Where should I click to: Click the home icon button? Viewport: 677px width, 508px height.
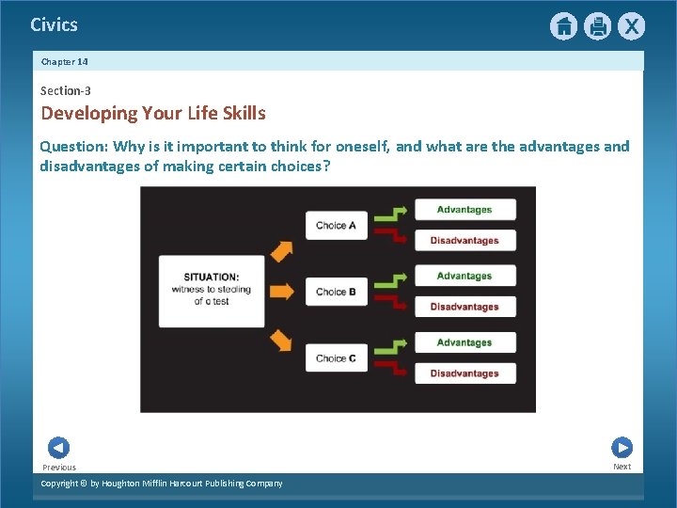[x=563, y=26]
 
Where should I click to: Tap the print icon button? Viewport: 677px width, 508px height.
[x=597, y=26]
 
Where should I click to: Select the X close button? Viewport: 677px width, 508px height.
[x=631, y=26]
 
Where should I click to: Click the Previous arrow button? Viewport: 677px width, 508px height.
[x=58, y=448]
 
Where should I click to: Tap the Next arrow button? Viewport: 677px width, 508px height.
[x=622, y=448]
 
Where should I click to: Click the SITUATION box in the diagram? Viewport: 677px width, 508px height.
[x=212, y=291]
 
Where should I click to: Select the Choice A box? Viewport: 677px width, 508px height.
[x=336, y=226]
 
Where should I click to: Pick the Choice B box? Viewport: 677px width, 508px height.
[x=336, y=292]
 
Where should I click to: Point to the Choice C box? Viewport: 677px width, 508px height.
[x=336, y=357]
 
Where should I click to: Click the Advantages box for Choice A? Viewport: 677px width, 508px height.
[x=464, y=210]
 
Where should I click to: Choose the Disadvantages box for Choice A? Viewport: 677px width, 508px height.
[x=464, y=241]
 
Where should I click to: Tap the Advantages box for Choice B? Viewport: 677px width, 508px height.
[x=464, y=277]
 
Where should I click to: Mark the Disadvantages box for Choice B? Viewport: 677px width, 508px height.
[x=464, y=307]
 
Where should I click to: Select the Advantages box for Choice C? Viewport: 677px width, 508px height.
[x=464, y=342]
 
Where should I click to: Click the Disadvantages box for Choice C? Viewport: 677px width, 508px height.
[x=464, y=373]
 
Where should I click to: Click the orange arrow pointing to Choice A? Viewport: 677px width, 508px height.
[x=281, y=251]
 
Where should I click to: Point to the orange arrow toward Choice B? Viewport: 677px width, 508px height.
[x=281, y=292]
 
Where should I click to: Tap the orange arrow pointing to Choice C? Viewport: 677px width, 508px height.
[x=281, y=340]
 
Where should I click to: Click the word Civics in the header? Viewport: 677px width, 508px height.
[x=54, y=25]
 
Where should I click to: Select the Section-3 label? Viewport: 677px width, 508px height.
[x=65, y=91]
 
